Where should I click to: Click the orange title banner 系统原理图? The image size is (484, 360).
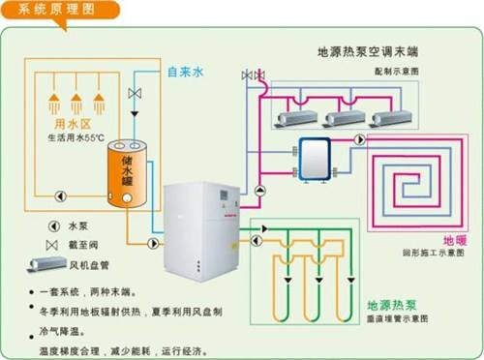pyautogui.click(x=49, y=12)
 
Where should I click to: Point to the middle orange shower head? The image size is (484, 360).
pyautogui.click(x=74, y=100)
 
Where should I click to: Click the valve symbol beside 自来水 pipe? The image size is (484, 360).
pyautogui.click(x=136, y=93)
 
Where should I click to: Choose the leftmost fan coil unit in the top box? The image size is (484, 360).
pyautogui.click(x=295, y=119)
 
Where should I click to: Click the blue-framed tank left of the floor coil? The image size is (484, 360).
pyautogui.click(x=316, y=157)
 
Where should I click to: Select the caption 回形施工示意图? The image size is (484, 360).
pyautogui.click(x=432, y=255)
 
